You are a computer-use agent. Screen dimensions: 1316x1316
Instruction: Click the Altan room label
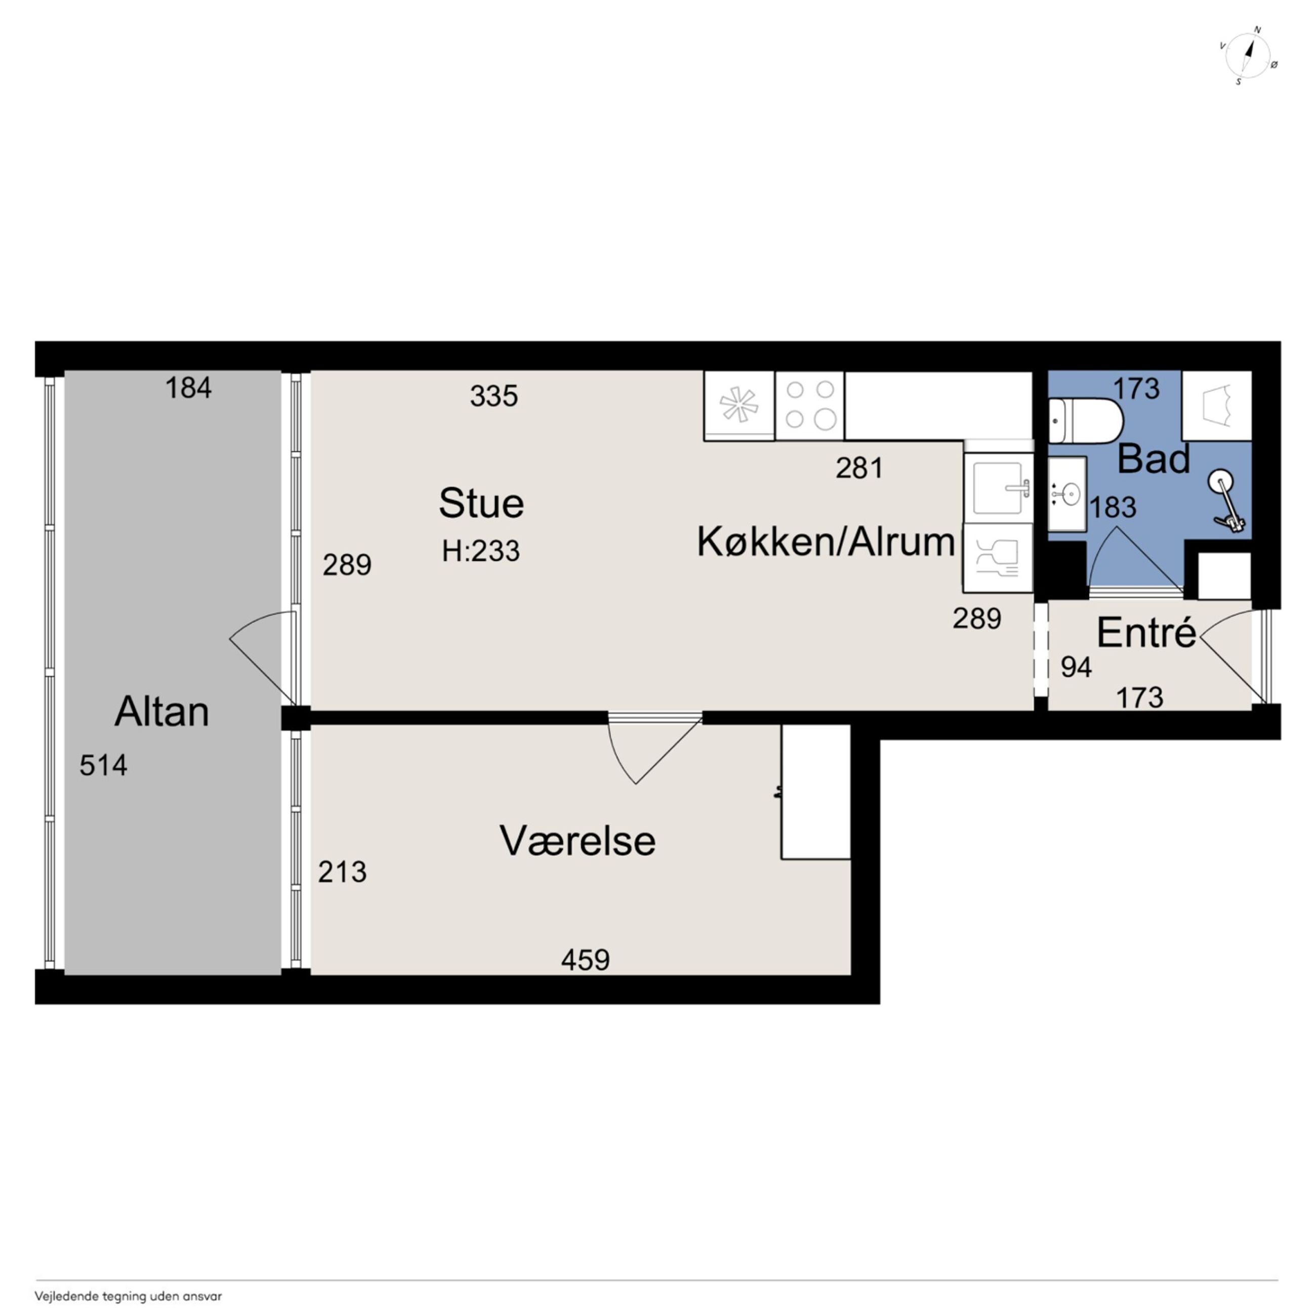pyautogui.click(x=161, y=713)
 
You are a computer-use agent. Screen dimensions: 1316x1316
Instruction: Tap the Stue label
pyautogui.click(x=481, y=504)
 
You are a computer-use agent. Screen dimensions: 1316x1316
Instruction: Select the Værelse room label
pyautogui.click(x=578, y=841)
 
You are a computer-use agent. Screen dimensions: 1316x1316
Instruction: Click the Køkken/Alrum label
pyautogui.click(x=826, y=543)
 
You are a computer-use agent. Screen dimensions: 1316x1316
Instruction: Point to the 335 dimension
pyautogui.click(x=494, y=396)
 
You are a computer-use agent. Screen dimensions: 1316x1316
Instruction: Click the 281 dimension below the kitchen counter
pyautogui.click(x=859, y=468)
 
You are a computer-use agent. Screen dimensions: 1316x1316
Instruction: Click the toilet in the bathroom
pyautogui.click(x=1085, y=421)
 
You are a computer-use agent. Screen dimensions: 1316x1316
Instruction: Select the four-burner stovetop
pyautogui.click(x=810, y=405)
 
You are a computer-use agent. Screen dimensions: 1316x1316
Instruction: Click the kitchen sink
pyautogui.click(x=998, y=488)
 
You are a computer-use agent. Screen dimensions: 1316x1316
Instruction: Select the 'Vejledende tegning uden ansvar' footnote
pyautogui.click(x=128, y=1296)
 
